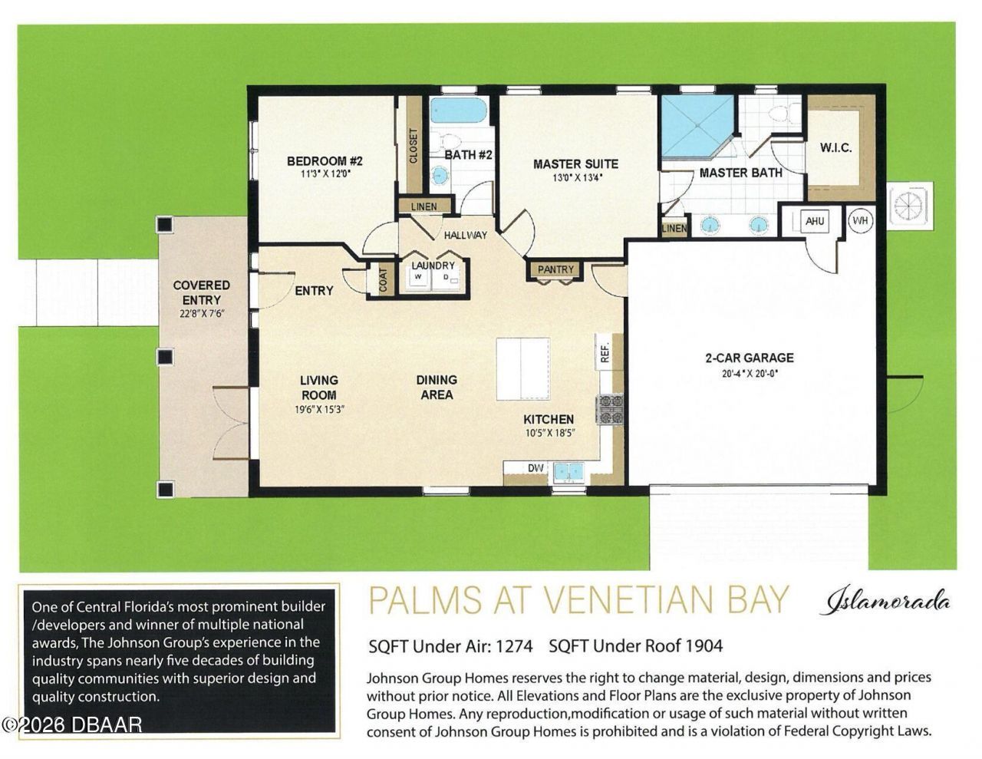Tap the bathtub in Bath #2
(458, 111)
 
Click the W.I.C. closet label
(835, 147)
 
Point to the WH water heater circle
(862, 221)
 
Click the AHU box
(814, 221)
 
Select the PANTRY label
(555, 269)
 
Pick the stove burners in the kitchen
(610, 408)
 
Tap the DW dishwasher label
(535, 468)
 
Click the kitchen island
(522, 368)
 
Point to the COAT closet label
(383, 280)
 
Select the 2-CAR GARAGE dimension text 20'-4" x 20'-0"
(749, 374)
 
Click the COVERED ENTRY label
(201, 292)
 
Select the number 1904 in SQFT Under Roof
(704, 646)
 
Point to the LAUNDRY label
(433, 266)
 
